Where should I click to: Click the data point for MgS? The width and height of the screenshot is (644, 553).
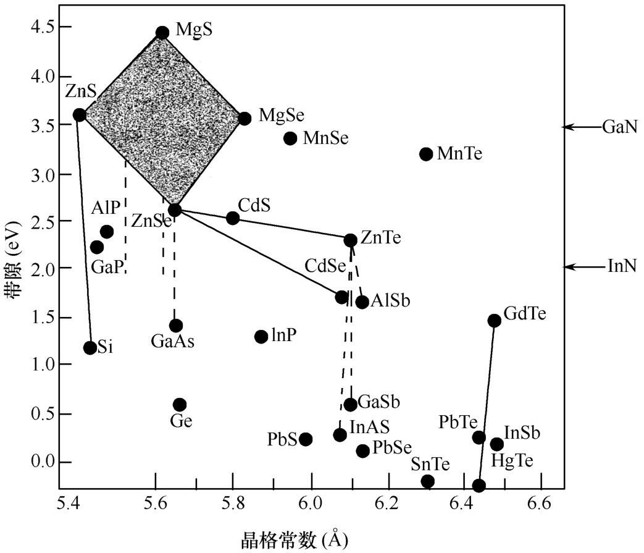[162, 33]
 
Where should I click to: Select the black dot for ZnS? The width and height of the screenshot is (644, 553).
[80, 115]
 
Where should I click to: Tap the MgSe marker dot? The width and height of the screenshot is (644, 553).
[245, 119]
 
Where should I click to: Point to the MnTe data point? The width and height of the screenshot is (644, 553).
[426, 154]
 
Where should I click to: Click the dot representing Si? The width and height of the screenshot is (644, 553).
[90, 348]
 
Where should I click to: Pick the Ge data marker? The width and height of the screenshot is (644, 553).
[180, 404]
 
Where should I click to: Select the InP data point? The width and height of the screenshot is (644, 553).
[261, 337]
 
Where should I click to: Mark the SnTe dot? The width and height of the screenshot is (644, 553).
[427, 481]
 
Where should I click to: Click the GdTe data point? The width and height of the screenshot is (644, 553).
[495, 321]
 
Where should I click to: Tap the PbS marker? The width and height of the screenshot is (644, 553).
[306, 439]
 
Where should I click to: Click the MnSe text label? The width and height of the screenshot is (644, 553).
[325, 138]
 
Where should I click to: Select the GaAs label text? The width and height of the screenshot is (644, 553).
[172, 342]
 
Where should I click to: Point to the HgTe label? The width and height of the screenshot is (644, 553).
[512, 460]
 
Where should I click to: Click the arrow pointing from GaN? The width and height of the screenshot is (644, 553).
[582, 127]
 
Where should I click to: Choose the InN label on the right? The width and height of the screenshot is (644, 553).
[622, 266]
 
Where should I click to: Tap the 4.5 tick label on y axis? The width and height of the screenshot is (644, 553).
[43, 27]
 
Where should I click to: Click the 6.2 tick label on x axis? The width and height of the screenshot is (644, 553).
[387, 503]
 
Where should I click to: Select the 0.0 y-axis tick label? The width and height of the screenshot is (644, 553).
[43, 462]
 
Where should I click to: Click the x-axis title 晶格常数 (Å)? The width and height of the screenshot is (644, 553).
[294, 540]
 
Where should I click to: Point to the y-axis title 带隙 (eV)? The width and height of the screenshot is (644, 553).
[12, 259]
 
